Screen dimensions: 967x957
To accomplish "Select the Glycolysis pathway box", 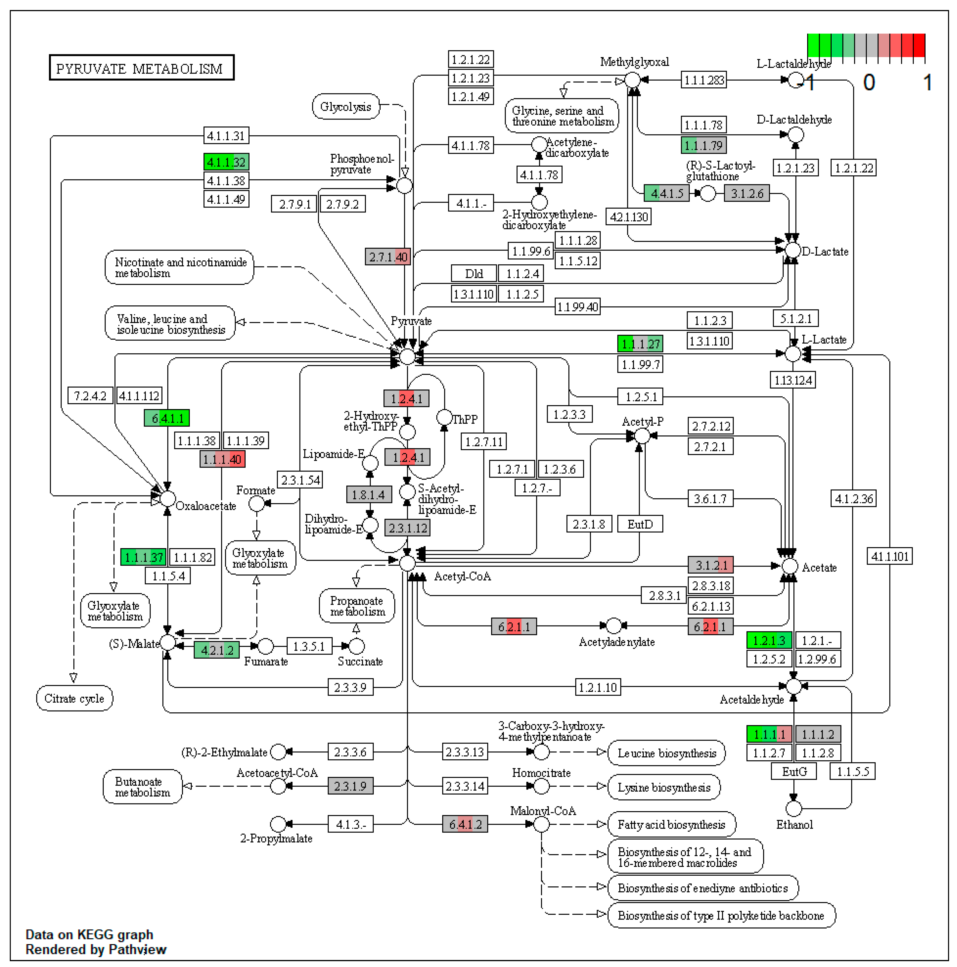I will (346, 107).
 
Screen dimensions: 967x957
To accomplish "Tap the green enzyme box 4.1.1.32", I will (226, 162).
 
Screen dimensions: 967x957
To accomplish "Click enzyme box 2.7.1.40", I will (388, 257).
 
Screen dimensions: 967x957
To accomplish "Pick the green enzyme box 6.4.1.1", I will (167, 418).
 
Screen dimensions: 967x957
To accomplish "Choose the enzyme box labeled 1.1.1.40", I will (222, 459).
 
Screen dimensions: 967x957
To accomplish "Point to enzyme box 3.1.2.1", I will (710, 565).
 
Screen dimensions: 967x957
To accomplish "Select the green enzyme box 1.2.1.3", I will (769, 640).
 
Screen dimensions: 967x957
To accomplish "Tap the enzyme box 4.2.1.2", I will (216, 650).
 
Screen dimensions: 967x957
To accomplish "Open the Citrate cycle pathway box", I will (74, 698).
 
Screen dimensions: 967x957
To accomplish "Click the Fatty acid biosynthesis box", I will (671, 824).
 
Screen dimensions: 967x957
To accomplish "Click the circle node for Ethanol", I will (793, 808).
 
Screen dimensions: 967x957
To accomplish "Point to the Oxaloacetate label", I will (205, 506).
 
